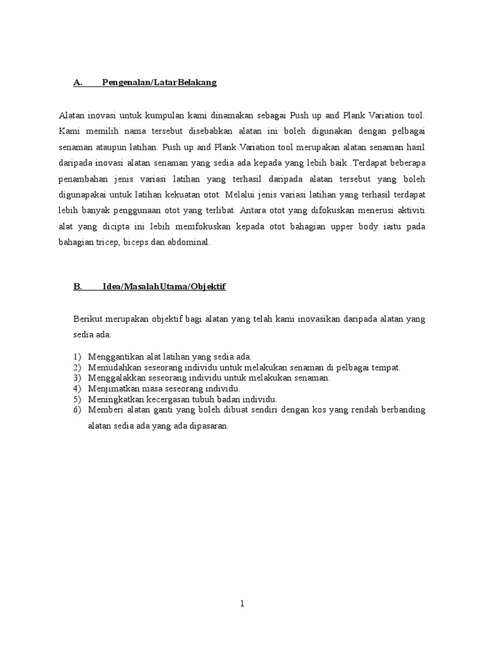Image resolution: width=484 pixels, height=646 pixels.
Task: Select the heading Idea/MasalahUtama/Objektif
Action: pyautogui.click(x=164, y=286)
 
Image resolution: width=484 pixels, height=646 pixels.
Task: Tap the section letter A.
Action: pyautogui.click(x=78, y=83)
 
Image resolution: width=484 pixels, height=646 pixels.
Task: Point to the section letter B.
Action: pyautogui.click(x=78, y=286)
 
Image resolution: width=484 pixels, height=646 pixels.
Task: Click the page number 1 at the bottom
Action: pyautogui.click(x=242, y=603)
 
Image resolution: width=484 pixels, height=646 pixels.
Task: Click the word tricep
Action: pyautogui.click(x=108, y=242)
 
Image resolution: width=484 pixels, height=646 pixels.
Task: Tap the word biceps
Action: pyautogui.click(x=139, y=242)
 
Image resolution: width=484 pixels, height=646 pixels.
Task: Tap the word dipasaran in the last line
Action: pyautogui.click(x=208, y=426)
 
